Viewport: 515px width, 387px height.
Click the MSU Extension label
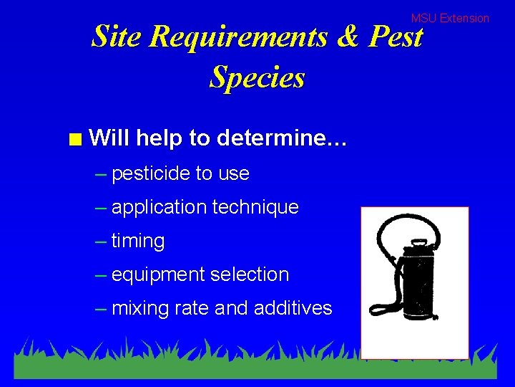click(450, 19)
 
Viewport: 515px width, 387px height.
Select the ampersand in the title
click(347, 37)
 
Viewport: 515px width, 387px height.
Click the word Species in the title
click(257, 77)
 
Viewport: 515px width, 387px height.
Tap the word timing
click(138, 242)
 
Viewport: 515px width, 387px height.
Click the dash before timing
click(101, 242)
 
